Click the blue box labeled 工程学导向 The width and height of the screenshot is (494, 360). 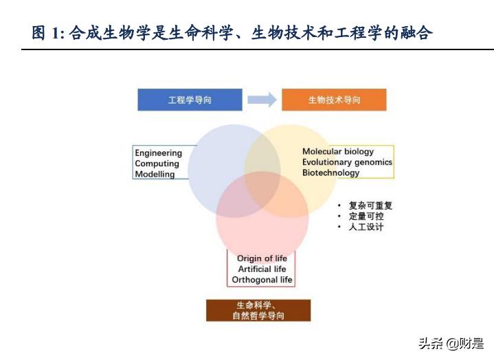[x=190, y=100]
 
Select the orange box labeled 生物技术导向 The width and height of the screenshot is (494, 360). [x=334, y=100]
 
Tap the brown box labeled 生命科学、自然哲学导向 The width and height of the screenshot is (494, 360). [x=258, y=311]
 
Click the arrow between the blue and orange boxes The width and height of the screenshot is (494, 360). [x=261, y=100]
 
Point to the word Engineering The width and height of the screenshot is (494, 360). [x=158, y=153]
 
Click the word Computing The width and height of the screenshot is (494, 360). [x=157, y=164]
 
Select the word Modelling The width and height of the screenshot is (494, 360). [x=155, y=174]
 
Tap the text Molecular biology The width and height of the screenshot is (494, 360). [x=338, y=152]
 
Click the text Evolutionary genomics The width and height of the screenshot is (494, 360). [x=347, y=162]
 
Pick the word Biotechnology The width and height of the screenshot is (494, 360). [x=330, y=172]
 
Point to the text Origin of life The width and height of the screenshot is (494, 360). [x=262, y=258]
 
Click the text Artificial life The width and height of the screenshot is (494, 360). [x=262, y=269]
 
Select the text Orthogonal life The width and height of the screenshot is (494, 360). [x=262, y=280]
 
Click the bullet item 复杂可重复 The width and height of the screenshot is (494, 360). [x=370, y=205]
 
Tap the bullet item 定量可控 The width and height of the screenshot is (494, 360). [x=366, y=216]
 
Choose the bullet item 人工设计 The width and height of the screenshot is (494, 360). [x=366, y=227]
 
